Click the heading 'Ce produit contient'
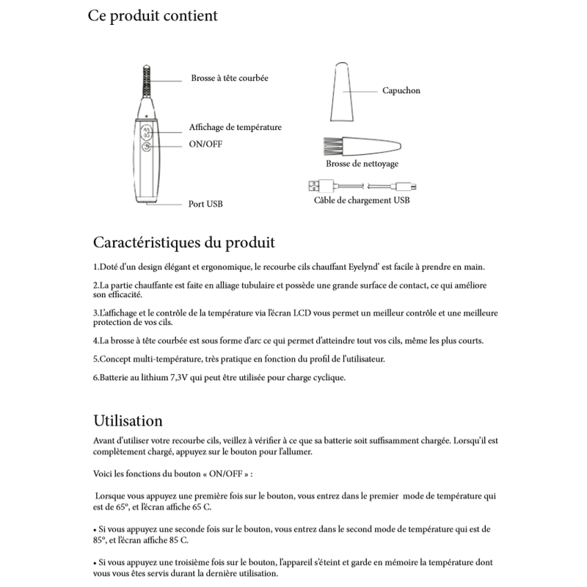(x=152, y=16)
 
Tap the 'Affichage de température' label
(x=235, y=127)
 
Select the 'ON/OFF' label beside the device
(x=205, y=145)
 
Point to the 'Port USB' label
(x=205, y=203)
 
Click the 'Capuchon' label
(x=401, y=92)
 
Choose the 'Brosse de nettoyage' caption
(x=362, y=164)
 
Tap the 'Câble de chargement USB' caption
(x=362, y=200)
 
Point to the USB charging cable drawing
(x=361, y=184)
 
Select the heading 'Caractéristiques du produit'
(x=184, y=241)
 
